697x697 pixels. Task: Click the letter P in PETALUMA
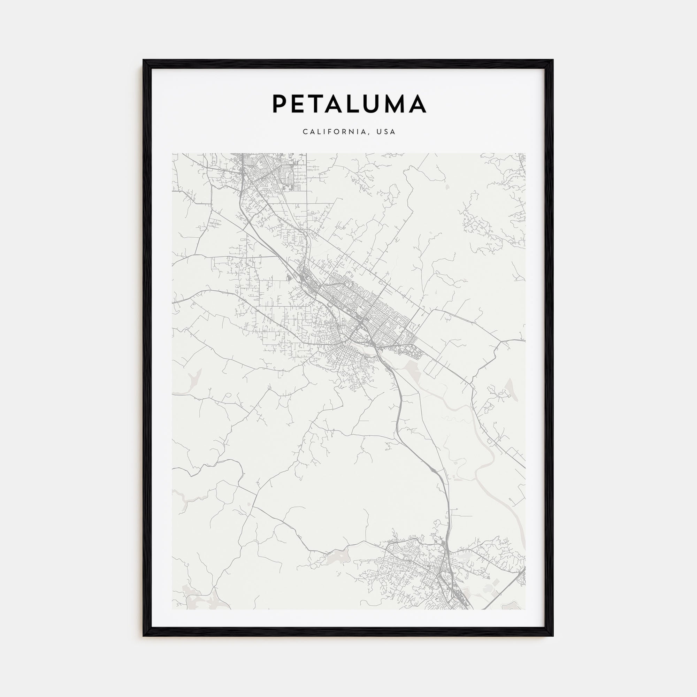(280, 104)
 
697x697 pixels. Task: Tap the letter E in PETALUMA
(300, 104)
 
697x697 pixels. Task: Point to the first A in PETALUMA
(340, 104)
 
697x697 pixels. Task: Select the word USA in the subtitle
(386, 132)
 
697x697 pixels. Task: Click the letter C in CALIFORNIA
(305, 132)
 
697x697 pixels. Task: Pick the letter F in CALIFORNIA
(330, 132)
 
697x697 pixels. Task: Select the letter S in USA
(386, 132)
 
